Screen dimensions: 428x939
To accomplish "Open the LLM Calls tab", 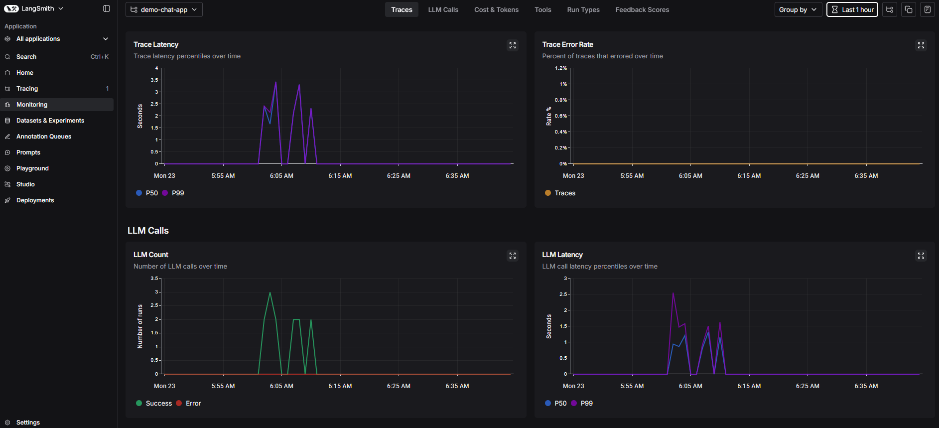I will click(443, 9).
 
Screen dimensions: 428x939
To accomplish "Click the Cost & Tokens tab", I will click(496, 9).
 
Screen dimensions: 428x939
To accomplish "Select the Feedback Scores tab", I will click(642, 9).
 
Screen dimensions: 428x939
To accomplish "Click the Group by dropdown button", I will click(798, 9).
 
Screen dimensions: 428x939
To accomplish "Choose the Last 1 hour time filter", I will click(852, 9).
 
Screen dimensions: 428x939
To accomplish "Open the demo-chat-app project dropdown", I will click(164, 9).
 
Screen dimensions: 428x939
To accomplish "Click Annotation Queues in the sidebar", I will click(44, 137).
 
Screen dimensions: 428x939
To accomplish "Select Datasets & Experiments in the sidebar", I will click(50, 121).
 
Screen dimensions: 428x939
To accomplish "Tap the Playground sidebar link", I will click(32, 168).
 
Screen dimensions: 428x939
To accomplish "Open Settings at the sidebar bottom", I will click(28, 423).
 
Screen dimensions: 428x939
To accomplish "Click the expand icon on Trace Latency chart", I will click(512, 45).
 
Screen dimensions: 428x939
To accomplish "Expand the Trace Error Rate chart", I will click(921, 45).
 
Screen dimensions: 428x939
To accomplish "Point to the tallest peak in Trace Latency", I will click(276, 82).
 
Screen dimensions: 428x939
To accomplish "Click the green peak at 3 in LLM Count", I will click(270, 292).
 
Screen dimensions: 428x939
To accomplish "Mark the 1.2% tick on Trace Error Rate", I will click(561, 68).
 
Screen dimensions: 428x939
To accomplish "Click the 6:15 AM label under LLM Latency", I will click(749, 386).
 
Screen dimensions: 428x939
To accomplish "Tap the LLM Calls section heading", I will click(148, 231).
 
